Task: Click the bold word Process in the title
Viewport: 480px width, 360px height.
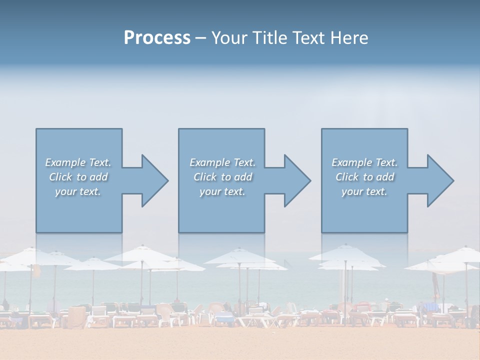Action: tap(157, 38)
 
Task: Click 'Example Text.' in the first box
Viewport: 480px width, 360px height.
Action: tap(78, 162)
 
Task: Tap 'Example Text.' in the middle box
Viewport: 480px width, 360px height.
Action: tap(222, 162)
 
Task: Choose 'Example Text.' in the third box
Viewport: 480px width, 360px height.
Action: tap(364, 162)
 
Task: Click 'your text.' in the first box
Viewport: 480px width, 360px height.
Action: tap(78, 191)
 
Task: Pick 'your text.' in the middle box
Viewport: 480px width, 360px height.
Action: tap(222, 191)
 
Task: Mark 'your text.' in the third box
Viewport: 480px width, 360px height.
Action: tap(364, 191)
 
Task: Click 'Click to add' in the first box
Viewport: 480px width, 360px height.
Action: tap(78, 177)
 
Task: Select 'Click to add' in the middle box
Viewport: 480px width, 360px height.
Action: tap(222, 177)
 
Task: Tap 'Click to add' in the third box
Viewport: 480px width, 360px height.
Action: tap(364, 177)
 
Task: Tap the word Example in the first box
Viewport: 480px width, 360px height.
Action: tap(65, 162)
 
